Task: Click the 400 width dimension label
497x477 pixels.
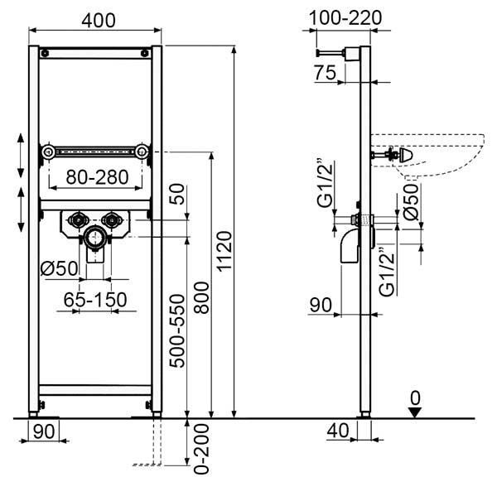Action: pyautogui.click(x=99, y=21)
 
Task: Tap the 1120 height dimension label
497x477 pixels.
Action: pyautogui.click(x=224, y=252)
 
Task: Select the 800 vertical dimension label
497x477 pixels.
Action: pyautogui.click(x=201, y=297)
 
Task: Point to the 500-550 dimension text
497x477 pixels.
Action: pyautogui.click(x=177, y=330)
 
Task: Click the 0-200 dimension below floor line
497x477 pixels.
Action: pyautogui.click(x=202, y=449)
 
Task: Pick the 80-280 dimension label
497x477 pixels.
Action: pyautogui.click(x=97, y=177)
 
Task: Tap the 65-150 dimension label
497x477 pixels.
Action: pyautogui.click(x=95, y=300)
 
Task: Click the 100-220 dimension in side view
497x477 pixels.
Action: pyautogui.click(x=345, y=17)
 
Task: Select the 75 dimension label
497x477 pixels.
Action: pyautogui.click(x=326, y=73)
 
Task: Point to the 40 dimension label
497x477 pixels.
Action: pyautogui.click(x=338, y=431)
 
